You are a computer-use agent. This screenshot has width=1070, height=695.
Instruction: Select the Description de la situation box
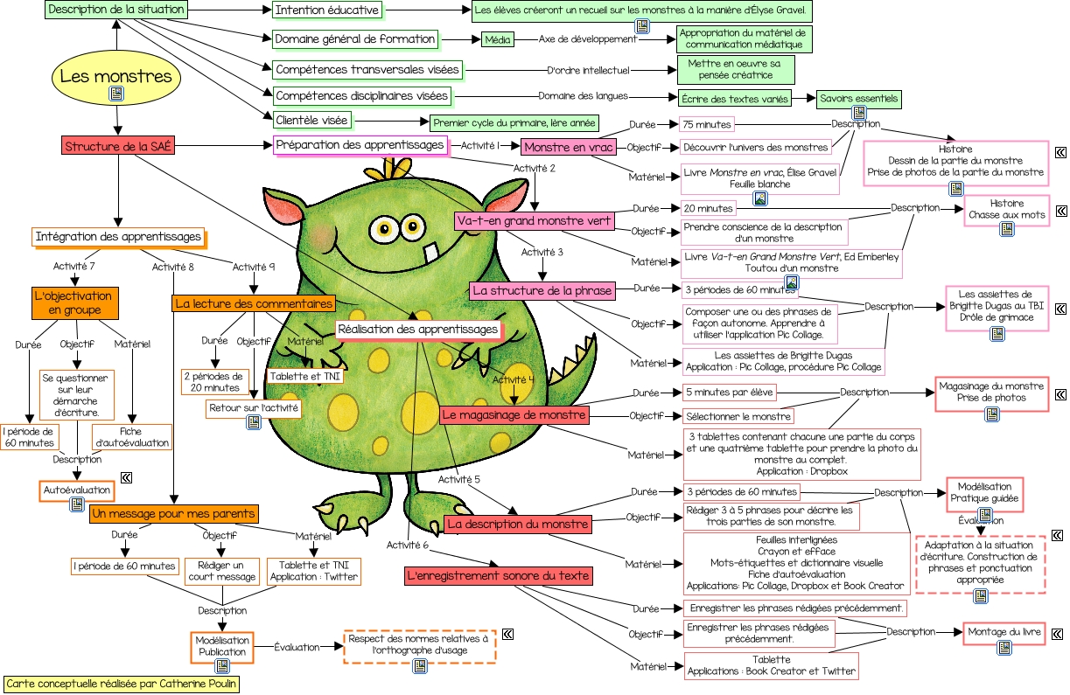116,10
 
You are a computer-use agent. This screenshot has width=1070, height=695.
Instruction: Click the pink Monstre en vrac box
569,147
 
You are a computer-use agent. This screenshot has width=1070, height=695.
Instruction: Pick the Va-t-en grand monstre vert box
533,221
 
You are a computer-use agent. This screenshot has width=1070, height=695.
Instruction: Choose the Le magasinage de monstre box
514,414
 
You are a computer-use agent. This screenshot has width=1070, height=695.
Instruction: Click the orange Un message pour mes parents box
173,513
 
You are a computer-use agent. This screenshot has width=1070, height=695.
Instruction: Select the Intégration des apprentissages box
118,236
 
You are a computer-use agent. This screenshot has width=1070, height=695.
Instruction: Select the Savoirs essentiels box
858,99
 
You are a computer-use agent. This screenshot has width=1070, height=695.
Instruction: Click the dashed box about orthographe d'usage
419,645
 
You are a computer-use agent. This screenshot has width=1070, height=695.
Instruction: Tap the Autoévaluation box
77,490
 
